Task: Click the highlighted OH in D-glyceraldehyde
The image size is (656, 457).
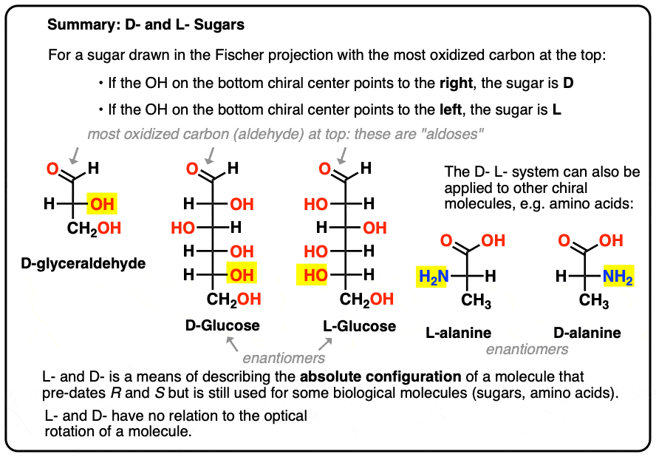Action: click(102, 204)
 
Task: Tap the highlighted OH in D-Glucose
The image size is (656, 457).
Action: click(242, 275)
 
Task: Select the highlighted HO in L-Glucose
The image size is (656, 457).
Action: click(312, 275)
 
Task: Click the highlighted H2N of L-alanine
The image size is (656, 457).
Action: click(431, 276)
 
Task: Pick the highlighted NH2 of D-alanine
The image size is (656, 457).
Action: click(618, 276)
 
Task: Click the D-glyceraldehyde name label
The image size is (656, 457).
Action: click(83, 263)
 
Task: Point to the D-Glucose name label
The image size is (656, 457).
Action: click(222, 325)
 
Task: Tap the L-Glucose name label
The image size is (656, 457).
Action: click(359, 326)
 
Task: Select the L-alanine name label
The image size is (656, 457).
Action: click(459, 333)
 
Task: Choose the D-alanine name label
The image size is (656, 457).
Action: click(587, 333)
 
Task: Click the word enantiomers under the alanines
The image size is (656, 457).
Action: click(527, 349)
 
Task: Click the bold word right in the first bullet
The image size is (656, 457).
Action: click(456, 84)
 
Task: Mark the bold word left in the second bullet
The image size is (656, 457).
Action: click(451, 109)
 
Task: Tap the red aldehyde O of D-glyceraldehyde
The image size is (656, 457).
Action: click(52, 169)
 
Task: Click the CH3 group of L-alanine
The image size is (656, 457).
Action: click(476, 300)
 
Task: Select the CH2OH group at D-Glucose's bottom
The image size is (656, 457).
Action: click(234, 299)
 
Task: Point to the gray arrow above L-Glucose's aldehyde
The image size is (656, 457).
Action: click(343, 155)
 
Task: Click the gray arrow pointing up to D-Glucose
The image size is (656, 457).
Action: click(232, 345)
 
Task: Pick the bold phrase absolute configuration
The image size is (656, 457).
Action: click(380, 376)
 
